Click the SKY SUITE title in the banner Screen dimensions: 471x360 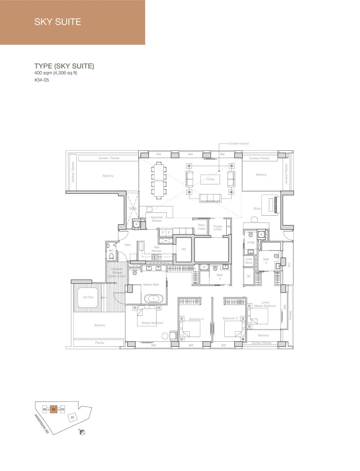[x=58, y=22]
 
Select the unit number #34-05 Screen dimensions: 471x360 [x=42, y=80]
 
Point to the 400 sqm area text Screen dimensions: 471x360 [x=56, y=73]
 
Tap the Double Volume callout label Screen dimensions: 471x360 [x=238, y=143]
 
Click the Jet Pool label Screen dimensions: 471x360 [x=88, y=297]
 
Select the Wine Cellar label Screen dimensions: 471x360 [x=201, y=227]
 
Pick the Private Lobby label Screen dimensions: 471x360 [x=217, y=228]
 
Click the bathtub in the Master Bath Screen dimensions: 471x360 [x=153, y=299]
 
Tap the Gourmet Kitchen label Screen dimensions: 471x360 [x=157, y=219]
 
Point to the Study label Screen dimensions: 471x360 [x=257, y=208]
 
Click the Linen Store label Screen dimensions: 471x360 [x=249, y=261]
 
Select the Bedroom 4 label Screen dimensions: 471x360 [x=196, y=319]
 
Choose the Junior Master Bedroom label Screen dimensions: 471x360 [x=265, y=304]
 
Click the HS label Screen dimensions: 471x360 [x=184, y=249]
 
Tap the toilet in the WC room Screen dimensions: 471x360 [x=111, y=256]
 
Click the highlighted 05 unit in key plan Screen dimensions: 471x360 [x=54, y=409]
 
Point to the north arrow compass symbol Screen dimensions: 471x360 [x=82, y=432]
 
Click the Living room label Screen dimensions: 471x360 [x=210, y=179]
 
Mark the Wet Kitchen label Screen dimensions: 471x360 [x=157, y=249]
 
